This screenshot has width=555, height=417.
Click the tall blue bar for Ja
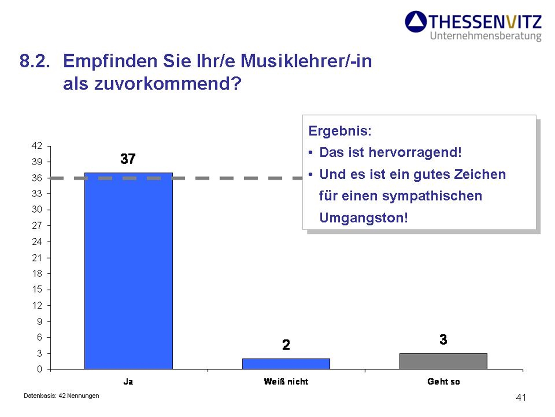coord(128,271)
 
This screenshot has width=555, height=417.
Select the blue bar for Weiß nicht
coord(286,364)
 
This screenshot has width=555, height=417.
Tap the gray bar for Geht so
coord(443,361)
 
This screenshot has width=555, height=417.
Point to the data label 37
coord(128,159)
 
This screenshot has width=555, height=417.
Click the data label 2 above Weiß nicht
coord(286,345)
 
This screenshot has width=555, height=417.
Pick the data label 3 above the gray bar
coord(443,339)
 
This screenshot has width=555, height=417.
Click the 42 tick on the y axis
coord(37,145)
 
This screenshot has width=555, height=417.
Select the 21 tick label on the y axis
coord(37,257)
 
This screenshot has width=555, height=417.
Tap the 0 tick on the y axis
coord(40,369)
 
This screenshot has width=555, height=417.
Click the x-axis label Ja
coord(128,382)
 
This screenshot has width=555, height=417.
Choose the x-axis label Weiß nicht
coord(286,382)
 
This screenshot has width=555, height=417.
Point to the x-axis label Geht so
coord(443,382)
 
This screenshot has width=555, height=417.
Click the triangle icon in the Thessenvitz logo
coord(416,21)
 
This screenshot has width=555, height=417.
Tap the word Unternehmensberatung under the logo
coord(485,36)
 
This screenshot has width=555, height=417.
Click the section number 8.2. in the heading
coord(35,61)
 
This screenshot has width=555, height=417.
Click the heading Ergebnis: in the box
coord(340,131)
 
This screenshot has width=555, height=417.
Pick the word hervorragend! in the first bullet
coord(415,153)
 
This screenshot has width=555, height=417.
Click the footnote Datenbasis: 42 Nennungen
coord(61,396)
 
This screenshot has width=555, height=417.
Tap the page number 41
coord(521,397)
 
